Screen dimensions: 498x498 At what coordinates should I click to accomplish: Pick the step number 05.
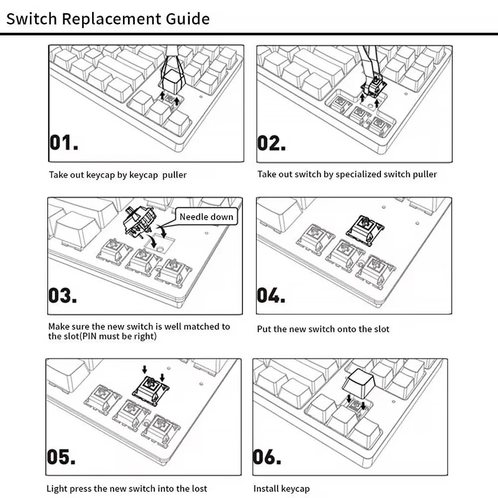coord(61,457)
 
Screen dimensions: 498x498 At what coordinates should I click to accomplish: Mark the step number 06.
coord(267,457)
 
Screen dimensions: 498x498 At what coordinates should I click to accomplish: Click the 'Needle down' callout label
coord(206,217)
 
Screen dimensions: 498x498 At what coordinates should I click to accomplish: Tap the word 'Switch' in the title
coord(31,19)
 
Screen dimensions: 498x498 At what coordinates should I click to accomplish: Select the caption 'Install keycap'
coord(281,489)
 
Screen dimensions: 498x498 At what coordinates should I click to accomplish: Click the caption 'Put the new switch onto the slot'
coord(323,329)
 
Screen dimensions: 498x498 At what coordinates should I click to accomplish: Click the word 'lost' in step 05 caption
coord(198,489)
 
